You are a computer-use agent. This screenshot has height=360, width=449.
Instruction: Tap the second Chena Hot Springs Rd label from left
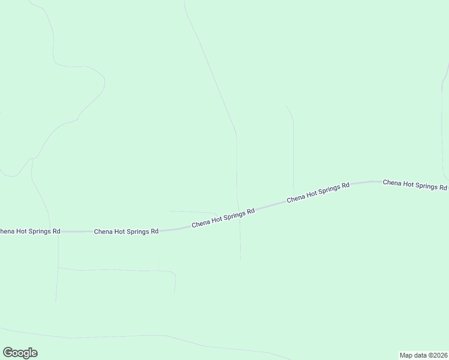(126, 231)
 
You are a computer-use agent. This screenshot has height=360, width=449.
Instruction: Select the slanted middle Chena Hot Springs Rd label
(223, 218)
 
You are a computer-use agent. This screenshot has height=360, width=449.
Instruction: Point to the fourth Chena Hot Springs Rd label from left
(318, 193)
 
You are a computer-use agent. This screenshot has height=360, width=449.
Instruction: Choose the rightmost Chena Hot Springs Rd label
(415, 185)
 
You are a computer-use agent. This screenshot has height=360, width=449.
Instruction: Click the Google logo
(20, 353)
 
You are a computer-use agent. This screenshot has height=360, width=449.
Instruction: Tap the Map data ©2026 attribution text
(423, 355)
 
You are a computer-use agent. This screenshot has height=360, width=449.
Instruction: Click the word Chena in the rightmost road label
(393, 182)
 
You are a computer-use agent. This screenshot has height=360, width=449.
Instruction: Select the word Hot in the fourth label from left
(313, 194)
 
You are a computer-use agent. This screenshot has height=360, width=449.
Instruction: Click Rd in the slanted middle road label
(251, 211)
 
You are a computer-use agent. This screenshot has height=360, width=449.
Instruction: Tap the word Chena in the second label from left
(103, 231)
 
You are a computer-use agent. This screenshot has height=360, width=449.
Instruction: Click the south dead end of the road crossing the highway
(241, 260)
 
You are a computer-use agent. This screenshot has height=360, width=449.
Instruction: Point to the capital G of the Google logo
(8, 353)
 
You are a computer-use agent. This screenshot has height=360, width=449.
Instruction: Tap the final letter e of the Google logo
(34, 353)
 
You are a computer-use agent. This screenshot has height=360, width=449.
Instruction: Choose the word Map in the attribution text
(406, 355)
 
